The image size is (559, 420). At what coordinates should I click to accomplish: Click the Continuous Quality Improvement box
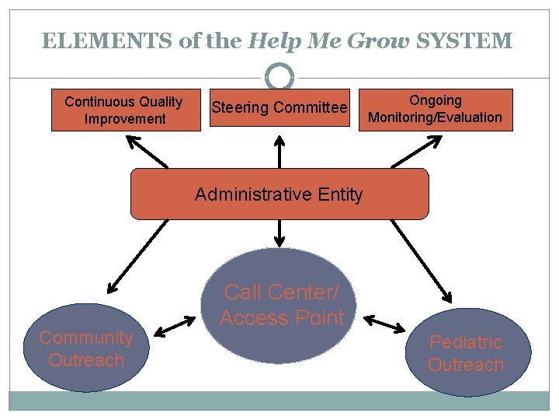(125, 110)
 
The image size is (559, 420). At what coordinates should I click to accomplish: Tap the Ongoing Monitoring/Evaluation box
(435, 110)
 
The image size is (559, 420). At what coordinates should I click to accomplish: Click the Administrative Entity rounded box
(279, 194)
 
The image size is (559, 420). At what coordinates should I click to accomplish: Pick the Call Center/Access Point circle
(281, 305)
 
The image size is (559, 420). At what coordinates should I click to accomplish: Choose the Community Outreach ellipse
(85, 348)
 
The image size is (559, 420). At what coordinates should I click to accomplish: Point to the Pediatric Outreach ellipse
(466, 352)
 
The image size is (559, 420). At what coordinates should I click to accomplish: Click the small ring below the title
(279, 77)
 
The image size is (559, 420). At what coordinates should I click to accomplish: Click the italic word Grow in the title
(380, 41)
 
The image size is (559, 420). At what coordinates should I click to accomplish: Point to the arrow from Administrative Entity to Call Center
(279, 233)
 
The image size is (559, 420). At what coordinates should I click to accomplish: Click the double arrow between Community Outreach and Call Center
(175, 327)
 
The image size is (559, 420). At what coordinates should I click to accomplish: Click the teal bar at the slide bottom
(279, 400)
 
